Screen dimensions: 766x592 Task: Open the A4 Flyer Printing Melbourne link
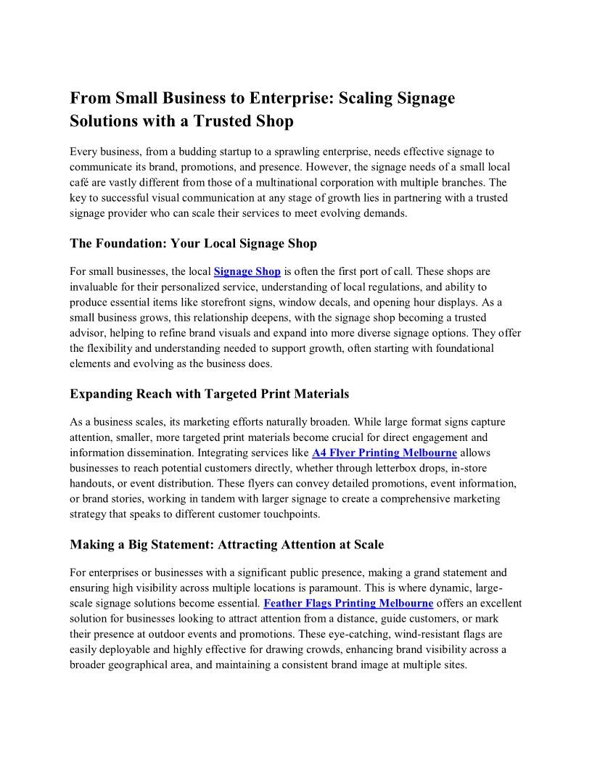tap(384, 453)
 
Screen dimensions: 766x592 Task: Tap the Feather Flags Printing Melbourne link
tap(348, 603)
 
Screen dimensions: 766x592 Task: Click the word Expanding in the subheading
tap(100, 394)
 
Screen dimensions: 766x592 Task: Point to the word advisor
tap(90, 332)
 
